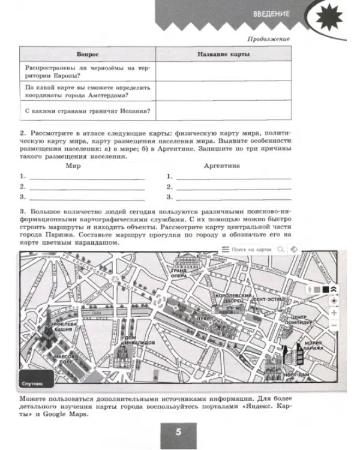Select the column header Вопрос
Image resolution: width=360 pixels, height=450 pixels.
coord(88,54)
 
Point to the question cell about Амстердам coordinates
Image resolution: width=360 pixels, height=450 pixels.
coord(88,91)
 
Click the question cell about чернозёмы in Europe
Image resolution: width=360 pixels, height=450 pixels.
coord(88,71)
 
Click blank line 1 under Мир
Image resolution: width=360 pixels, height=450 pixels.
coord(87,177)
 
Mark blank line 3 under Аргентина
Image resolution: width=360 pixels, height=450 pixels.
coord(234,197)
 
